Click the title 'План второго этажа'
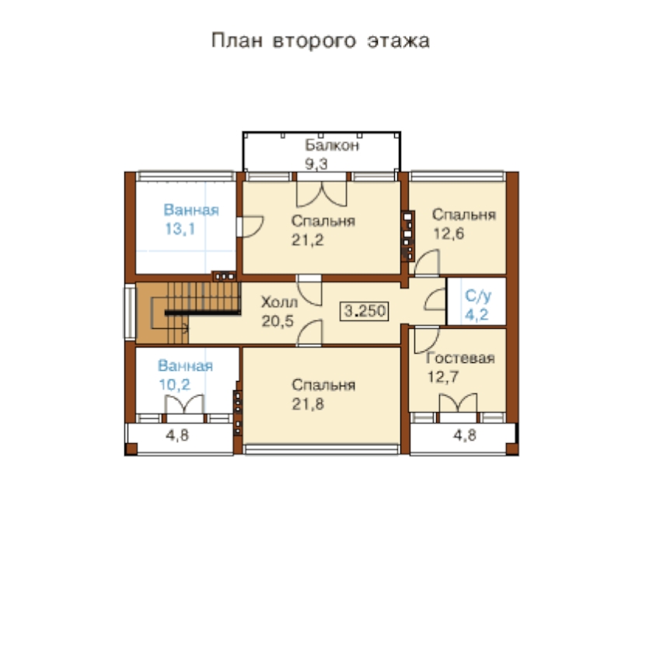(320, 41)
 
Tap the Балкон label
(332, 145)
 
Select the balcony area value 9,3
(316, 164)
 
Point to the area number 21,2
(307, 240)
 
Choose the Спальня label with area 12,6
(464, 215)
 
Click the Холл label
(279, 302)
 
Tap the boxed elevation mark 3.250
(365, 311)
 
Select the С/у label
(478, 296)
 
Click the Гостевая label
(460, 358)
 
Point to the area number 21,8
(308, 404)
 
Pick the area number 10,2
(174, 384)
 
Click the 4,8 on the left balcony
(177, 435)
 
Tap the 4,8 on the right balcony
(465, 435)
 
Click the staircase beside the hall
(188, 313)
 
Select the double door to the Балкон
(322, 194)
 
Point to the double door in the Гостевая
(458, 403)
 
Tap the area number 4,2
(477, 314)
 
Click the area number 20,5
(278, 321)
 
